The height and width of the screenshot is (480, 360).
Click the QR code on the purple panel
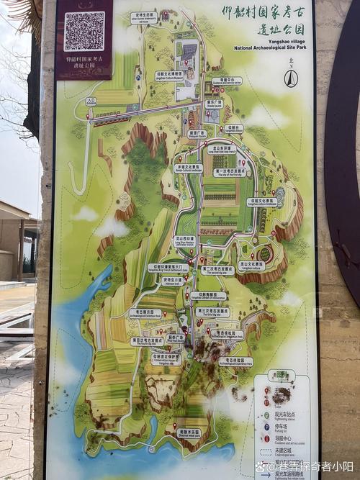pyautogui.click(x=84, y=31)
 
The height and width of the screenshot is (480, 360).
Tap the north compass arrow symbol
pyautogui.click(x=291, y=78)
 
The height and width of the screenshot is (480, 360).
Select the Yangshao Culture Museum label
pyautogui.click(x=169, y=75)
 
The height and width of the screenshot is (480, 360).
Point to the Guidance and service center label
pyautogui.click(x=226, y=81)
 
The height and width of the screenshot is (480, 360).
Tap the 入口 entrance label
pyautogui.click(x=91, y=101)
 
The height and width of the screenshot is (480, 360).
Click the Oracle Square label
pyautogui.click(x=214, y=104)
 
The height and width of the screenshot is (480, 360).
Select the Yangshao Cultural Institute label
pyautogui.click(x=261, y=203)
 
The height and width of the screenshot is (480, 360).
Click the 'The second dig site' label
pyautogui.click(x=217, y=271)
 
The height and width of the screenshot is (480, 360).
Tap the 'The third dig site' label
pyautogui.click(x=212, y=312)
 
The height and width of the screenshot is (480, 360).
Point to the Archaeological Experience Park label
pyautogui.click(x=235, y=361)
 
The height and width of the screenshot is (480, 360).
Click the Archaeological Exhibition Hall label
pyautogui.click(x=145, y=313)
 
